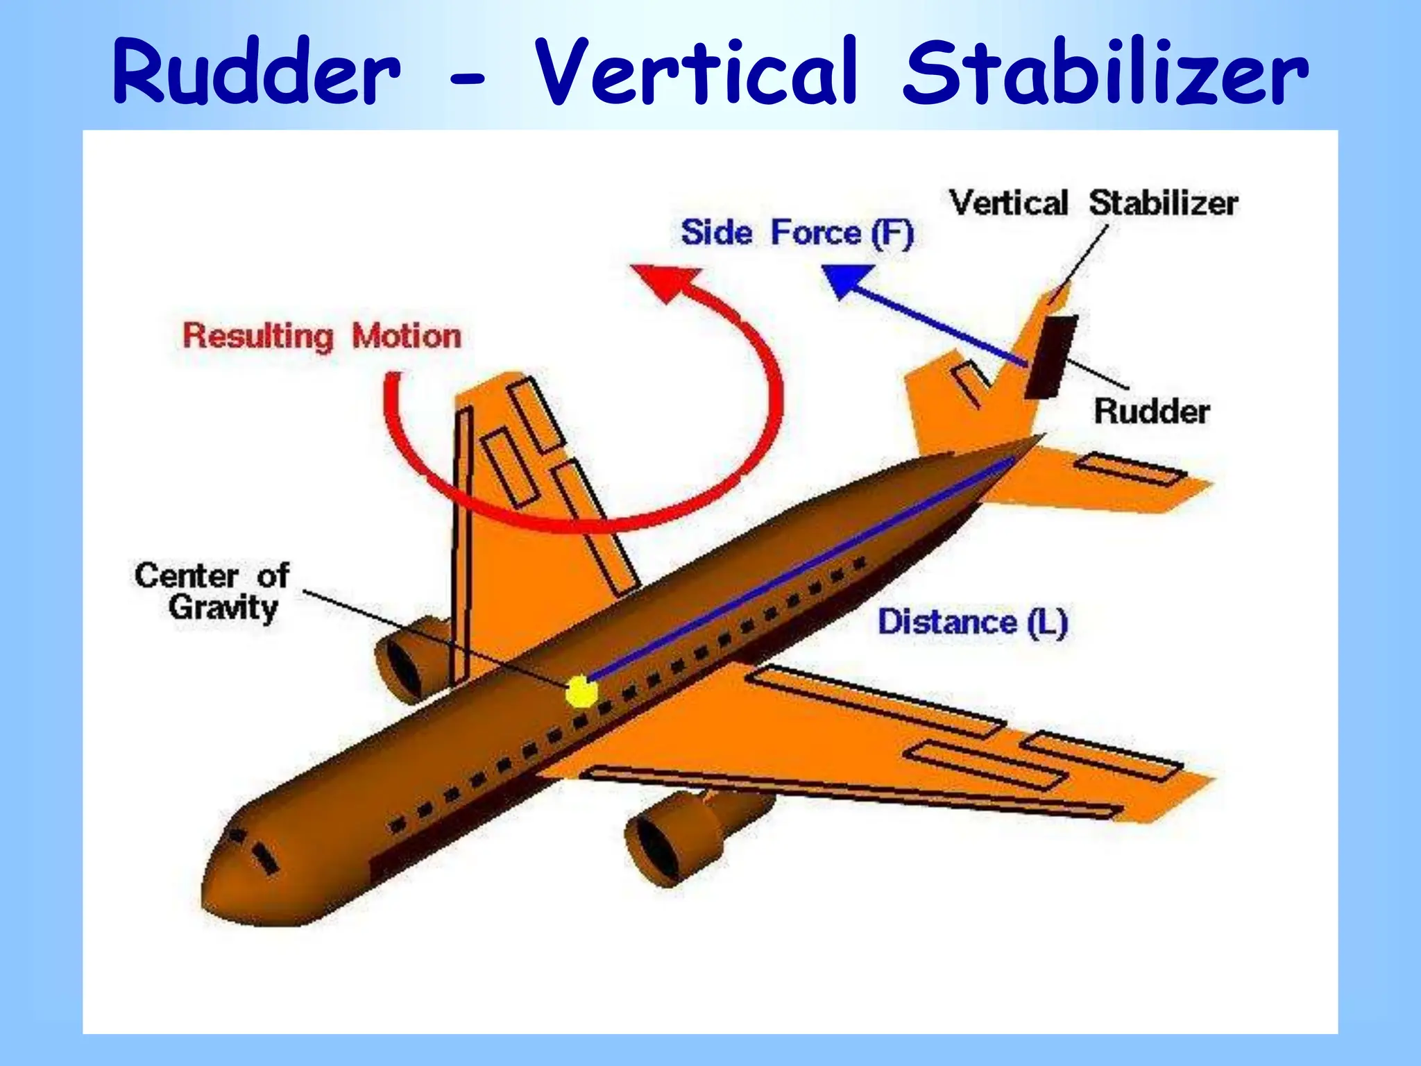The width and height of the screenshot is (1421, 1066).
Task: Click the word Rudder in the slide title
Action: (x=257, y=73)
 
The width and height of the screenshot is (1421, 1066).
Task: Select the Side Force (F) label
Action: (x=797, y=232)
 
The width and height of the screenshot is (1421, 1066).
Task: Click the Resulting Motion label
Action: (x=322, y=337)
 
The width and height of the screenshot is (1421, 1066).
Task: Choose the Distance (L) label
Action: (x=972, y=622)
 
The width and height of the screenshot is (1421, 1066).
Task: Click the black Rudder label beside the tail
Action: (x=1152, y=412)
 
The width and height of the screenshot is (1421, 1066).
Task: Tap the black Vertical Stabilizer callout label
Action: (x=1094, y=203)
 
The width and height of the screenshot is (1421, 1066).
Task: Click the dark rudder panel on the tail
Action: (x=1050, y=357)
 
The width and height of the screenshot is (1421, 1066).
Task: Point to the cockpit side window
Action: (x=262, y=856)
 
